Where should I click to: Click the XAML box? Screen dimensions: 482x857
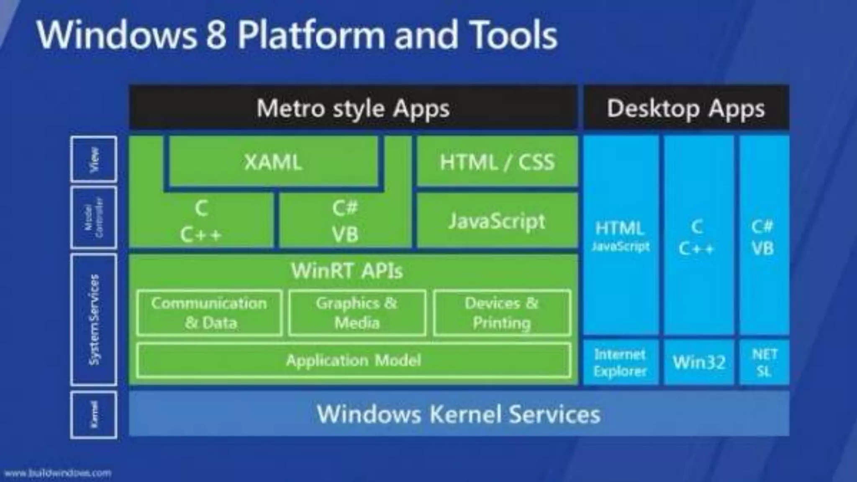[273, 162]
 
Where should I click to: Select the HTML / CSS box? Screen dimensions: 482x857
[497, 162]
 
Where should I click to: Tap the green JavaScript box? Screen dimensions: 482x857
[497, 221]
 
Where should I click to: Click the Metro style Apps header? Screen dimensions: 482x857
[353, 108]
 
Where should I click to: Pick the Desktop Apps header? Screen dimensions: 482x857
[686, 108]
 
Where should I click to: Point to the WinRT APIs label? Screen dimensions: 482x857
[347, 271]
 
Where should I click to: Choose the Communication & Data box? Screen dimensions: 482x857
[209, 313]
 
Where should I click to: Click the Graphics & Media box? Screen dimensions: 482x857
[357, 313]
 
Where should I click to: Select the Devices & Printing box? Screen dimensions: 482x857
[502, 313]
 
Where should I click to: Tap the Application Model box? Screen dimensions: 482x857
[354, 360]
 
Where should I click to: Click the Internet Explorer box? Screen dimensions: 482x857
[620, 362]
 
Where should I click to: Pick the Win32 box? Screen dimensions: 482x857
[699, 362]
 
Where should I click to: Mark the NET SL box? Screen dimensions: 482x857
[764, 362]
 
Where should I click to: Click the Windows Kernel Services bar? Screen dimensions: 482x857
[459, 414]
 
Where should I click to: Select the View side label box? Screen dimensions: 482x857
[94, 159]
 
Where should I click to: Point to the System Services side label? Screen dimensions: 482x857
[94, 319]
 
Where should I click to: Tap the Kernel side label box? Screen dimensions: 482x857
[94, 414]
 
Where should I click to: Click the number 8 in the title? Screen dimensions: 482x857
[216, 35]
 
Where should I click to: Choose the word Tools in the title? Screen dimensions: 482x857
[514, 35]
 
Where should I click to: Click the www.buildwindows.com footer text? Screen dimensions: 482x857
[58, 473]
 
